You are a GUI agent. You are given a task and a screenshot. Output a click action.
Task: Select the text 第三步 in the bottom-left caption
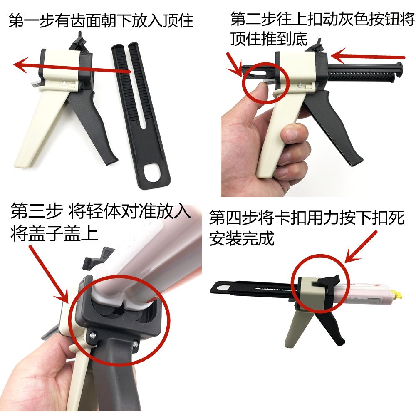pyautogui.click(x=37, y=211)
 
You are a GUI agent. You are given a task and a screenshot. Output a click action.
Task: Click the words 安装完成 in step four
pyautogui.click(x=242, y=238)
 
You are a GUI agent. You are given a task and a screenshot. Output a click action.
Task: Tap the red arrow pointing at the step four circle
pyautogui.click(x=361, y=247)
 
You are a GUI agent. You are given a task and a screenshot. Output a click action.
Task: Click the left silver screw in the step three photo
pyautogui.click(x=94, y=336)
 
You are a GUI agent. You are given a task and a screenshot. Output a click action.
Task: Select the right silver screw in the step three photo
pyautogui.click(x=136, y=344)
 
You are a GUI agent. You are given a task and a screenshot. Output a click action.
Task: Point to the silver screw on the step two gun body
pyautogui.click(x=300, y=85)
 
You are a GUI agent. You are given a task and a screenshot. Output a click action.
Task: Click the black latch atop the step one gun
pyautogui.click(x=79, y=40)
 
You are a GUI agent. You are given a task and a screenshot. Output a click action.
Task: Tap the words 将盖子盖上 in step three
pyautogui.click(x=54, y=233)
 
